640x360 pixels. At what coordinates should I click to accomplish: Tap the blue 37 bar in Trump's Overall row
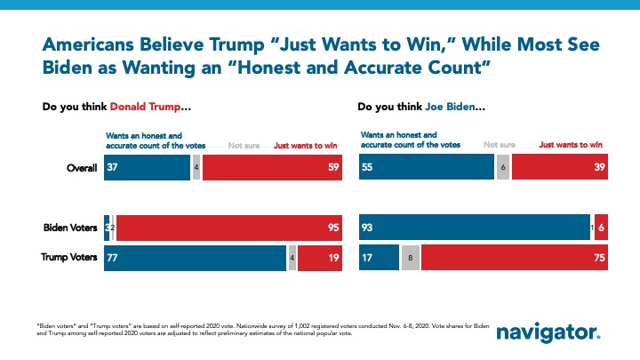[147, 168]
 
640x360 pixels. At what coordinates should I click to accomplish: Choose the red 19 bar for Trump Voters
[321, 258]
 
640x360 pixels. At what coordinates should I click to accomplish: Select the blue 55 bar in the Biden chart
[426, 168]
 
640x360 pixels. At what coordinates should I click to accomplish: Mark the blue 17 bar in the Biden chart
[378, 258]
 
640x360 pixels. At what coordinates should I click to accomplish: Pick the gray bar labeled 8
[410, 258]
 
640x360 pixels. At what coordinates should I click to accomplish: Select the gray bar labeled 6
[502, 168]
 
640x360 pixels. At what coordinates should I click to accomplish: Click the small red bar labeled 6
[601, 228]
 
